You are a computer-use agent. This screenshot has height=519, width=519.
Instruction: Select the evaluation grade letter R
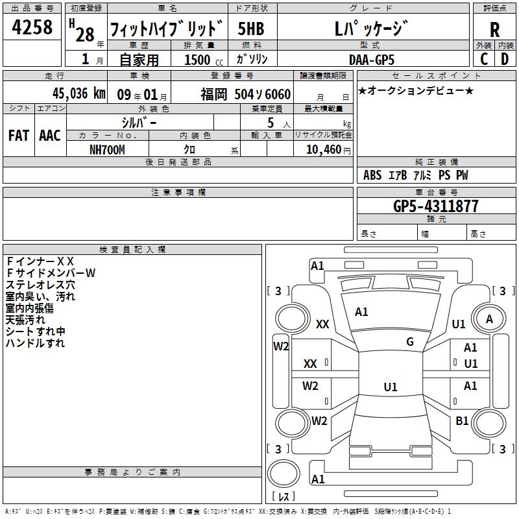(495, 30)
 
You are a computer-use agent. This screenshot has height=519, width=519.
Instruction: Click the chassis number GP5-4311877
(436, 206)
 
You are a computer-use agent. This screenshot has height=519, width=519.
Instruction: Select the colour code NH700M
(107, 149)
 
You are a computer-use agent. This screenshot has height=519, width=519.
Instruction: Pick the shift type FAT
(18, 136)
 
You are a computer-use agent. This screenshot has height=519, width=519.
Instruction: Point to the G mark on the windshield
(410, 342)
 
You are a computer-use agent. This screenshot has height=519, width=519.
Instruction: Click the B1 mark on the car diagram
(462, 421)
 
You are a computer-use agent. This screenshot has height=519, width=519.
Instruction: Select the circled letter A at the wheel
(490, 319)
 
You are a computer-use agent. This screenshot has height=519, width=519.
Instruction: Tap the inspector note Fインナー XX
(40, 261)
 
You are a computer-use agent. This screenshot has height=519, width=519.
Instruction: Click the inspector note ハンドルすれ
(35, 343)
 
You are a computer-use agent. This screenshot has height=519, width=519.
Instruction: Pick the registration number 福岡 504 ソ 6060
(245, 94)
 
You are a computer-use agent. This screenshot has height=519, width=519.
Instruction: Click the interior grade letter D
(505, 58)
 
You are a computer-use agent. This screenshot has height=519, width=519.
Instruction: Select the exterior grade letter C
(483, 58)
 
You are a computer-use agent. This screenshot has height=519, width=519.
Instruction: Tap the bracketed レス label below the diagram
(284, 497)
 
